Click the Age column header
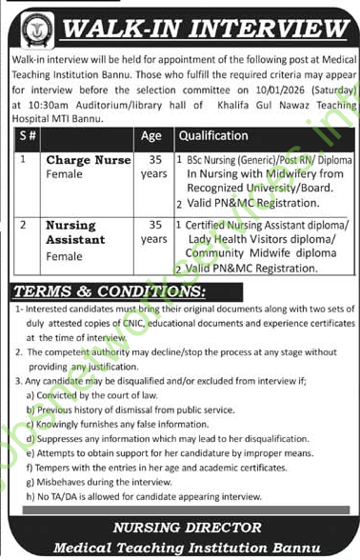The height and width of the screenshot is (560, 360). [x=151, y=136]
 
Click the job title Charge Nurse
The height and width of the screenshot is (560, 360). [x=89, y=161]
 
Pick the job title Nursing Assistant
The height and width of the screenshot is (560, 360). [x=73, y=233]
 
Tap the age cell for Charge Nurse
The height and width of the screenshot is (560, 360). [x=153, y=169]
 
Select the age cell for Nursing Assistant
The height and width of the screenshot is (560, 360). [x=153, y=233]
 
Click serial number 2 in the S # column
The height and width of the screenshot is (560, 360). [x=22, y=226]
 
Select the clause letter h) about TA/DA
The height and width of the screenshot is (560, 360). [x=30, y=497]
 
